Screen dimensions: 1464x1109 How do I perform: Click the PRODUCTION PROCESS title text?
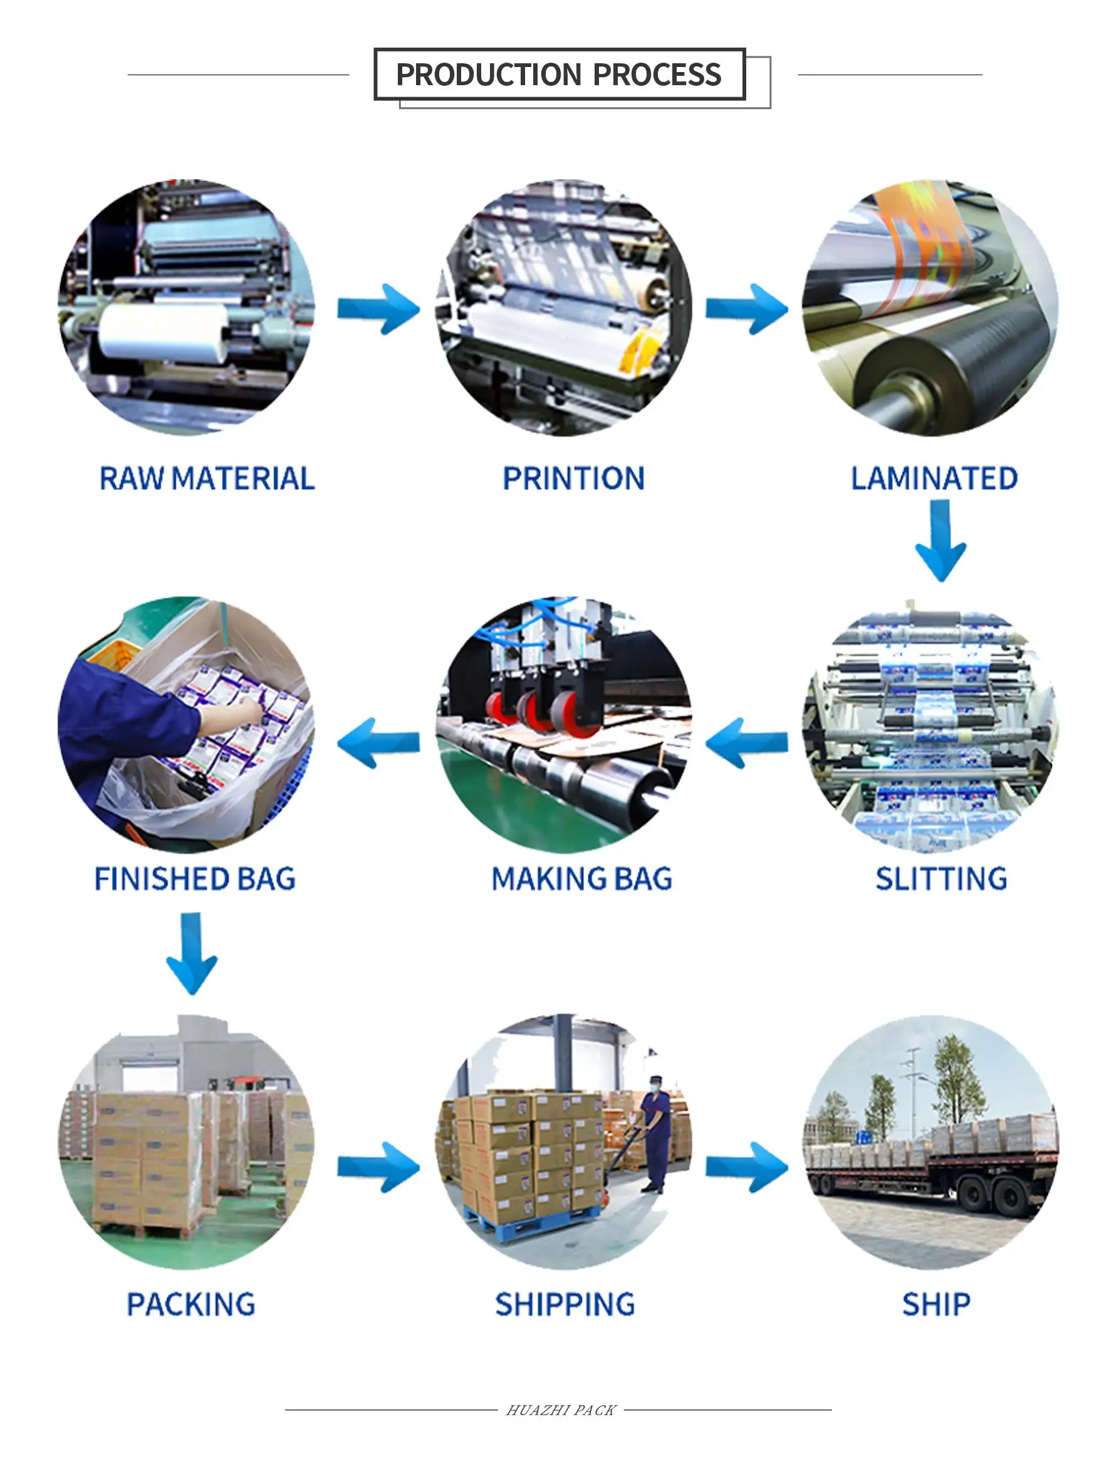(x=558, y=74)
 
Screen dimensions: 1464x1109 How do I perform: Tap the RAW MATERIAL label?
(x=207, y=479)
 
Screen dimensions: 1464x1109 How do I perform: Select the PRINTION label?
(x=573, y=479)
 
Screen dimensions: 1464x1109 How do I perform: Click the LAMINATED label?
(x=934, y=479)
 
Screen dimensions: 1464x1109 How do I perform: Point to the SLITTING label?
(x=941, y=879)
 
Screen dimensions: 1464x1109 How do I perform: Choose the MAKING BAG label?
(x=581, y=879)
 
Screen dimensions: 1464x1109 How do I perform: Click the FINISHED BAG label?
(x=195, y=879)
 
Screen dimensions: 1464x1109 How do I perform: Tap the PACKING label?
(x=190, y=1304)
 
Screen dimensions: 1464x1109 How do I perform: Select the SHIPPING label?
(x=565, y=1304)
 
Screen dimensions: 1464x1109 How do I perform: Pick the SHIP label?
(x=936, y=1304)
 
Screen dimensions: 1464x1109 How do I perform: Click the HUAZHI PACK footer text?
(x=561, y=1410)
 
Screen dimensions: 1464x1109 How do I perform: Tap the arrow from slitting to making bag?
(x=746, y=742)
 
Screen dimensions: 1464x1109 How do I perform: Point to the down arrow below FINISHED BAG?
(x=191, y=953)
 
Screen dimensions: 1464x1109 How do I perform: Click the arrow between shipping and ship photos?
(x=747, y=1168)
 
